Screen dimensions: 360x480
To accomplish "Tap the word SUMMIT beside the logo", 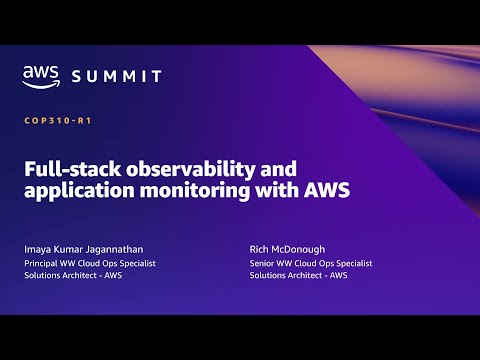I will coord(116,76).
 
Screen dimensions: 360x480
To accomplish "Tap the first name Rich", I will coord(260,249).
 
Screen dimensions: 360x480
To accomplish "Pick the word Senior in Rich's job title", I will coord(264,263).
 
